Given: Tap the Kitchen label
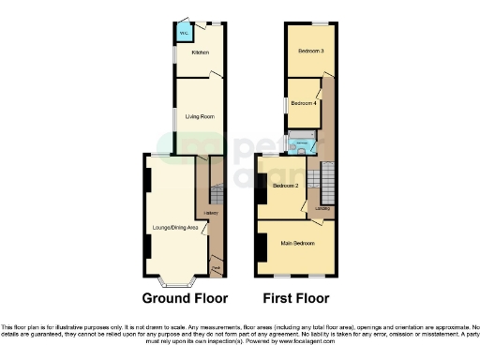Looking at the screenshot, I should coord(200,52).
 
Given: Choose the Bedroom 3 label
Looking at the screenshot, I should coord(311,50).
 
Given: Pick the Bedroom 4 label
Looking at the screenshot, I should coord(303,102).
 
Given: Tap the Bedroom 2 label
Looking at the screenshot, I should coord(285,187).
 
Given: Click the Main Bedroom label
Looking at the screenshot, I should coord(296,243).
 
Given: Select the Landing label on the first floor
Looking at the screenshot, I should coord(322,207).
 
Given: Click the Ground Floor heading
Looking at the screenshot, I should coord(185,300).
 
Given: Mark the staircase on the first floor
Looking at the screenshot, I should coord(328,178).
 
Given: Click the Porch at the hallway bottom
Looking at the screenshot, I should coord(216,269).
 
